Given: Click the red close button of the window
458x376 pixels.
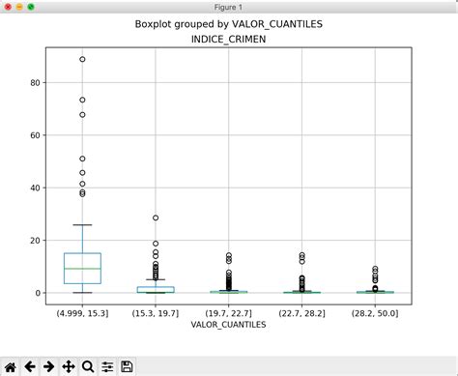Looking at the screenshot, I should coord(7,7).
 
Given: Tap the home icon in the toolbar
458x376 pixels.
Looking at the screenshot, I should coord(11,366).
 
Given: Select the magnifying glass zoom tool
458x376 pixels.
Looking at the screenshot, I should coord(88,366).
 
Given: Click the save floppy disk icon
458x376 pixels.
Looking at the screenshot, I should coord(127,366).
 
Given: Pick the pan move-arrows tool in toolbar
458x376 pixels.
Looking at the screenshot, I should coord(69,366).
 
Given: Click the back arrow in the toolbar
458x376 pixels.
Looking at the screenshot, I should coord(30,366).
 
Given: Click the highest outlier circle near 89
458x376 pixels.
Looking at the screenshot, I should coord(82,59).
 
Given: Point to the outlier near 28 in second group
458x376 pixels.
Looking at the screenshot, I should coord(156,217).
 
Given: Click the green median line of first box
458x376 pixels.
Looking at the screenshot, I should coord(82,269).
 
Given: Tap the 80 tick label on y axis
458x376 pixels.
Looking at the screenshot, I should coord(35,83).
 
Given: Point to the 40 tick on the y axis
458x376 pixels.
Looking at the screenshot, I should coord(35,188).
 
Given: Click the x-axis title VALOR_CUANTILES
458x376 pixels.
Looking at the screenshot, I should coord(229,325).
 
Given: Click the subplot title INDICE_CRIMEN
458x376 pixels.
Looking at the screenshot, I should coord(229,41).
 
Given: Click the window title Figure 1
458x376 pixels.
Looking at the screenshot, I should coord(229,7).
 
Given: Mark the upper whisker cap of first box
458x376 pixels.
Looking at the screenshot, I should coord(82,225).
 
